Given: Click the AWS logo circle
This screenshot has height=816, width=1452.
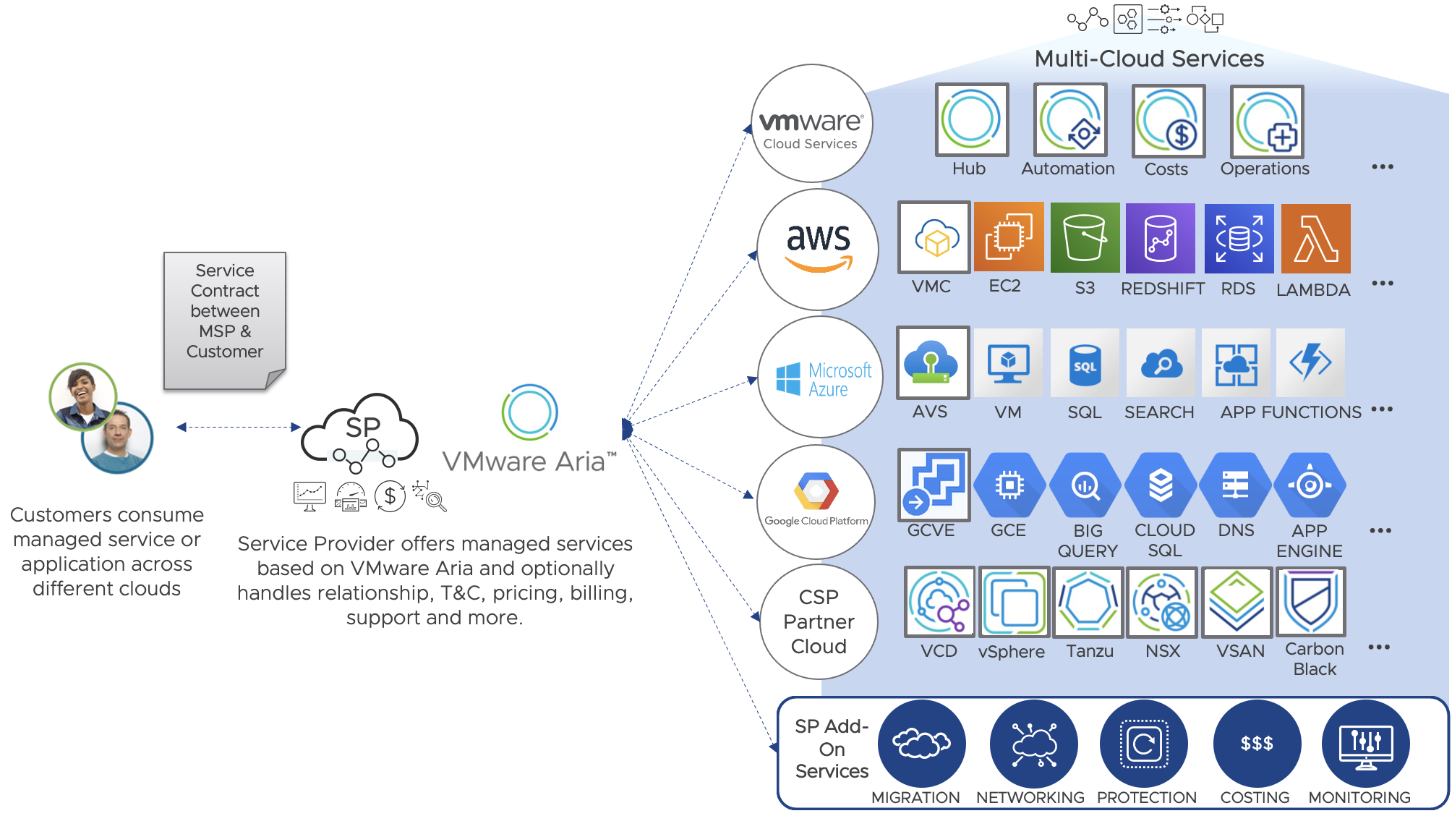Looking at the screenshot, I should [818, 250].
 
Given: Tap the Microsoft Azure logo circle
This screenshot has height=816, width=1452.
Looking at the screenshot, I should [820, 377].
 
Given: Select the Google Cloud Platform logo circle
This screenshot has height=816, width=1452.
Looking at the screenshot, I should [816, 501].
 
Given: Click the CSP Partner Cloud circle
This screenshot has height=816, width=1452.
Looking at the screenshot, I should [819, 621].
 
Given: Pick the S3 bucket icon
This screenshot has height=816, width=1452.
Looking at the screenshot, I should [1085, 238].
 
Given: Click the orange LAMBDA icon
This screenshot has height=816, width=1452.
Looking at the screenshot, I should [1315, 238].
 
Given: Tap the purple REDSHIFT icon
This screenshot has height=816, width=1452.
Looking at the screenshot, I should [1161, 238].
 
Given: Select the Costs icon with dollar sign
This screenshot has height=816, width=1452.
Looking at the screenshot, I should [1168, 121].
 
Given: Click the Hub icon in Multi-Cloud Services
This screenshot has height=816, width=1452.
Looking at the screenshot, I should [971, 119].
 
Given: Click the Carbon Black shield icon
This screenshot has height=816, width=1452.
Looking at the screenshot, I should [1311, 601].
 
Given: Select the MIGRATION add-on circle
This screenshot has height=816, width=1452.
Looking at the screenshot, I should [921, 743].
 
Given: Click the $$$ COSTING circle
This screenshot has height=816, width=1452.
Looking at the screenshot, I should [1257, 743].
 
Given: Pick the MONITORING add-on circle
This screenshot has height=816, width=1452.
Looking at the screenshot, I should [1365, 743].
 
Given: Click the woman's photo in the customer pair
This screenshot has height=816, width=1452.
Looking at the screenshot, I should [83, 396].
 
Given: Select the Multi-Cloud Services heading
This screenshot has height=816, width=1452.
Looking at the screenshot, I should [1149, 59].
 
